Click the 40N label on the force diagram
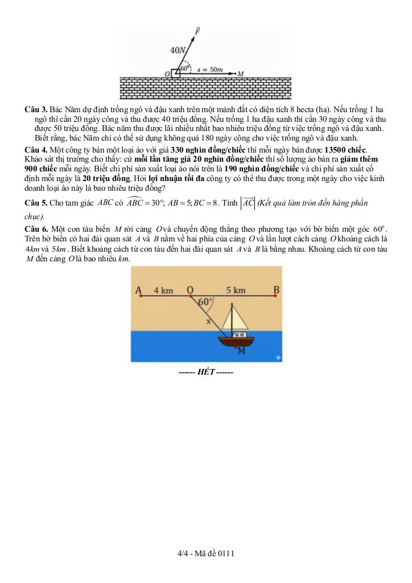coord(178,50)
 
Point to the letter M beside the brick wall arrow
coord(241,73)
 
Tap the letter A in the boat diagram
coord(139,290)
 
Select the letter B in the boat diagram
coord(277,290)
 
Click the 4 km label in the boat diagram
coord(163,290)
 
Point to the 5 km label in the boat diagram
coord(236,290)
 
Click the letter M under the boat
coord(241,351)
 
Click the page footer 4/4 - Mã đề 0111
coord(205,553)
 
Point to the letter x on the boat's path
coord(208,321)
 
